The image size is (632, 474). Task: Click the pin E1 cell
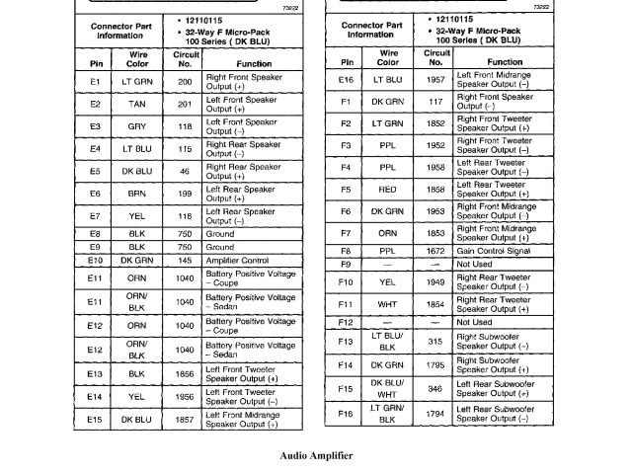(95, 82)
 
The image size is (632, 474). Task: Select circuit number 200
(185, 82)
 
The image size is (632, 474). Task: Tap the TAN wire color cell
(137, 104)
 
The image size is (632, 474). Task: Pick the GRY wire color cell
(137, 126)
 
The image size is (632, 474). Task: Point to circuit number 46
(185, 171)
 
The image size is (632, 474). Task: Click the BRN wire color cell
(137, 194)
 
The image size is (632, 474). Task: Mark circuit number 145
(185, 261)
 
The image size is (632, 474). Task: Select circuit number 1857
(185, 420)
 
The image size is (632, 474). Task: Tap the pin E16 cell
(346, 79)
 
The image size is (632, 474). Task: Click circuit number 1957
(436, 79)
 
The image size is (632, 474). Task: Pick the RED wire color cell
(387, 190)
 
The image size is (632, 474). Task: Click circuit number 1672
(436, 251)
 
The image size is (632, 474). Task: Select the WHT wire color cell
(387, 306)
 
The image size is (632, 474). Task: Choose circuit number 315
(436, 342)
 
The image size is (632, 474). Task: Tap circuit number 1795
(436, 365)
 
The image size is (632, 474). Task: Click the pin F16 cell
(346, 413)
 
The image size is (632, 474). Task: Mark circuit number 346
(436, 389)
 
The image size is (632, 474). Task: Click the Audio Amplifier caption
(315, 456)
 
